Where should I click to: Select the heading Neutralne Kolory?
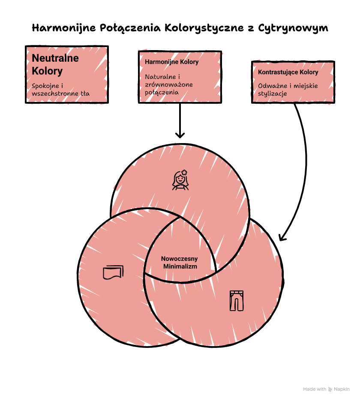(x=55, y=64)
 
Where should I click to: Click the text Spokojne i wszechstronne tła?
(x=60, y=90)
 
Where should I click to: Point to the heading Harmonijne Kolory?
(x=172, y=62)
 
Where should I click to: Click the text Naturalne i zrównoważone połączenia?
(x=169, y=84)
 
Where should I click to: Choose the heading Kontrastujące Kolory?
(x=288, y=72)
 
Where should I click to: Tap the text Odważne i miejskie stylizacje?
(x=288, y=90)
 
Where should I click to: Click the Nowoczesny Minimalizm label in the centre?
(x=180, y=263)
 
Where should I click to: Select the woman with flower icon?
(x=180, y=180)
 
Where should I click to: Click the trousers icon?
(x=237, y=301)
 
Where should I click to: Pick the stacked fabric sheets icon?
(x=113, y=272)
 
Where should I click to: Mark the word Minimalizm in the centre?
(x=180, y=266)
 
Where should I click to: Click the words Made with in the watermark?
(x=315, y=389)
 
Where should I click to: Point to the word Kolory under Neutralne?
(x=47, y=71)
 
